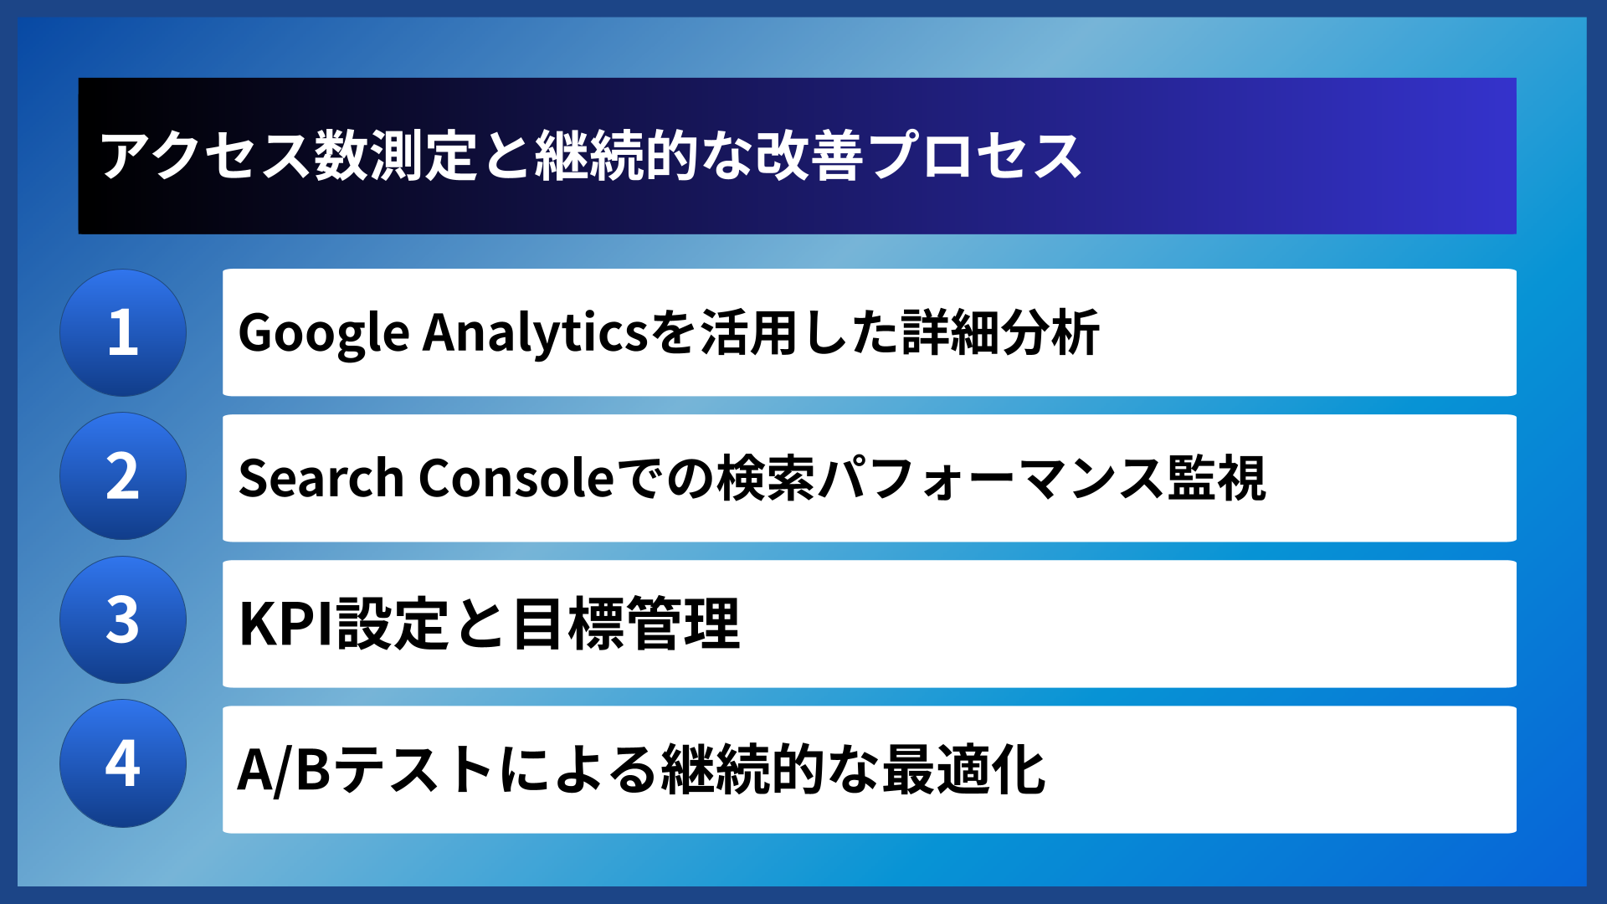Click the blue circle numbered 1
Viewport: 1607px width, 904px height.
[123, 332]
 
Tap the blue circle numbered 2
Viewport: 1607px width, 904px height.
[123, 476]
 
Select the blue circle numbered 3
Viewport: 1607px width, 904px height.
[123, 620]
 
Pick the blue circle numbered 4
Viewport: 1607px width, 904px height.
[123, 763]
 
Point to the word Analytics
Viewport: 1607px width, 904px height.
[536, 333]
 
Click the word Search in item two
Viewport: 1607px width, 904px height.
[321, 478]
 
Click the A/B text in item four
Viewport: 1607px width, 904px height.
[284, 769]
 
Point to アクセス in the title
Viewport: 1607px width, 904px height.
[206, 157]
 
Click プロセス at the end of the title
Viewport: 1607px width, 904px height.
[976, 157]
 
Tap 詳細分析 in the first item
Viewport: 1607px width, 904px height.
[1000, 333]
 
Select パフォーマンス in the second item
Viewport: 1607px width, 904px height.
[991, 478]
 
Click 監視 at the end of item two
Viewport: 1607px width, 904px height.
[1217, 478]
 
